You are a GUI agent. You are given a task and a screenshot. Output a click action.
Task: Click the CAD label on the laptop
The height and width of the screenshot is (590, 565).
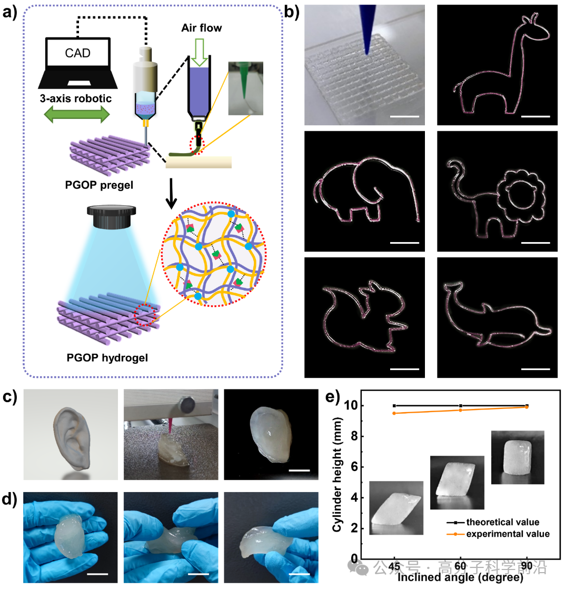coord(78,53)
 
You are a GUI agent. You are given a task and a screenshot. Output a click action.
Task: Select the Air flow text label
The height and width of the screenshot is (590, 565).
coord(202,28)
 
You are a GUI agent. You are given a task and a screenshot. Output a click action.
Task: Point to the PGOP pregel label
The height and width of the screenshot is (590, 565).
coord(100,185)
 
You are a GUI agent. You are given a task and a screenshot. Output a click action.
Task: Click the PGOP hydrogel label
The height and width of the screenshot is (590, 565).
coord(107,358)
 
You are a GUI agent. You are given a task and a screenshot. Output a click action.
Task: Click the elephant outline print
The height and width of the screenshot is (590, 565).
coord(365,189)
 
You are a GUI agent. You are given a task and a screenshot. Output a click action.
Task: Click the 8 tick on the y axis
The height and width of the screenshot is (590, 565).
coord(353,436)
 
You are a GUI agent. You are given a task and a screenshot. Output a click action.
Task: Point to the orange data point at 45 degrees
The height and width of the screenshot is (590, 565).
coord(394,413)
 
